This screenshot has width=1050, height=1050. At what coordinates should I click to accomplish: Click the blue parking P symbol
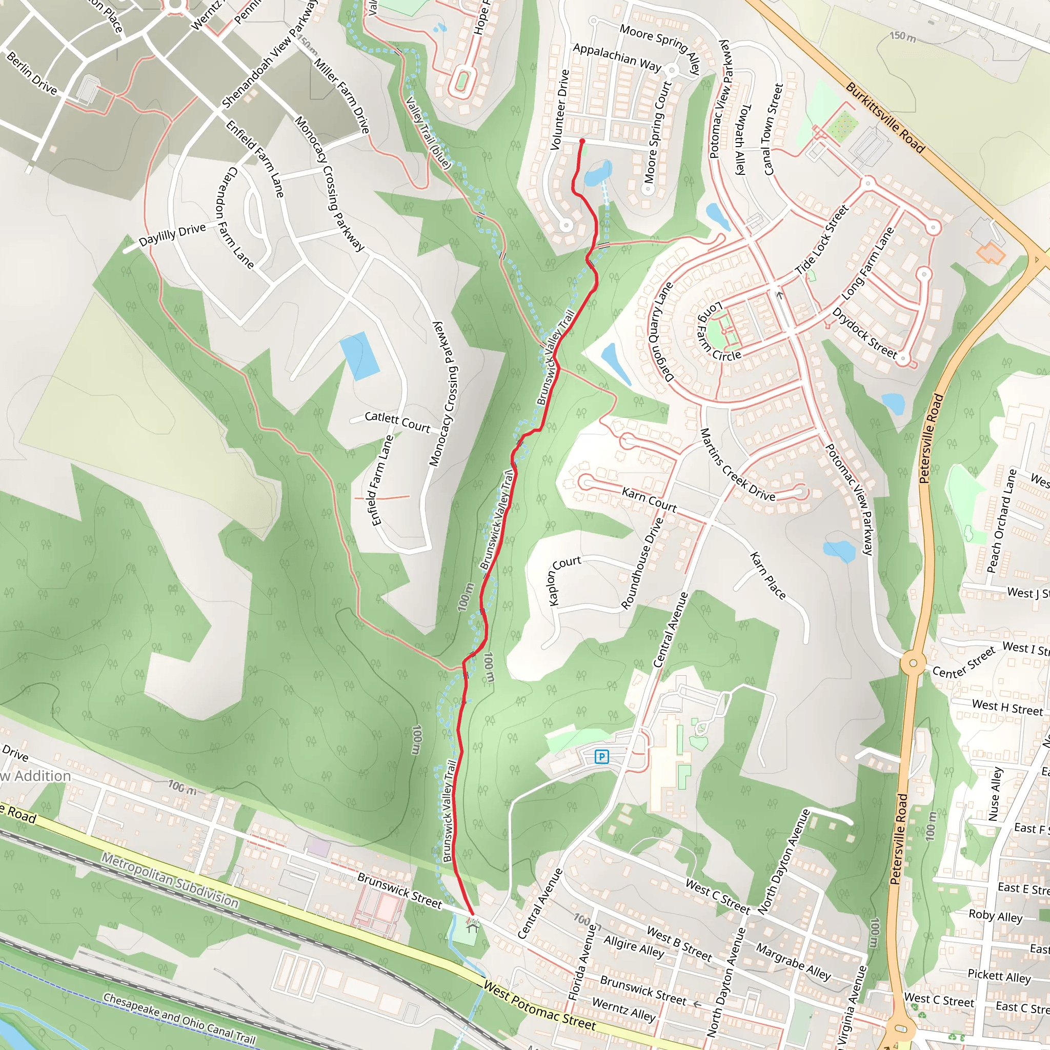[601, 756]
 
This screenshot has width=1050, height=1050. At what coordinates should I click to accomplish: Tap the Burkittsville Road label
[885, 117]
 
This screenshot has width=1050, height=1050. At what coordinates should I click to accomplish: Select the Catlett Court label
[397, 422]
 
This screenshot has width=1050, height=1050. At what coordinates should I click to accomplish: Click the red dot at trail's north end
[582, 142]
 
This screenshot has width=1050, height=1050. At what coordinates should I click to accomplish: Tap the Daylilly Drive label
[172, 234]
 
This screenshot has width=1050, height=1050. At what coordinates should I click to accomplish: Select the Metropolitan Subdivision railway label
[170, 880]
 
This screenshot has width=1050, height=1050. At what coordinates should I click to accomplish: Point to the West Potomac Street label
[540, 1006]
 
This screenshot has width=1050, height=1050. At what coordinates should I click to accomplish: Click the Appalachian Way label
[617, 57]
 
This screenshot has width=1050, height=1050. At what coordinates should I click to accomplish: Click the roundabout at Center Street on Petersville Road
[913, 662]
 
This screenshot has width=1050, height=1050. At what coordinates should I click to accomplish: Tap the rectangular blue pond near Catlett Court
[359, 356]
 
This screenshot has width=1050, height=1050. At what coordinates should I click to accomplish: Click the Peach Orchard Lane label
[1001, 521]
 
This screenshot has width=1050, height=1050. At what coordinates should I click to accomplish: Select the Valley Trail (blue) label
[428, 132]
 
